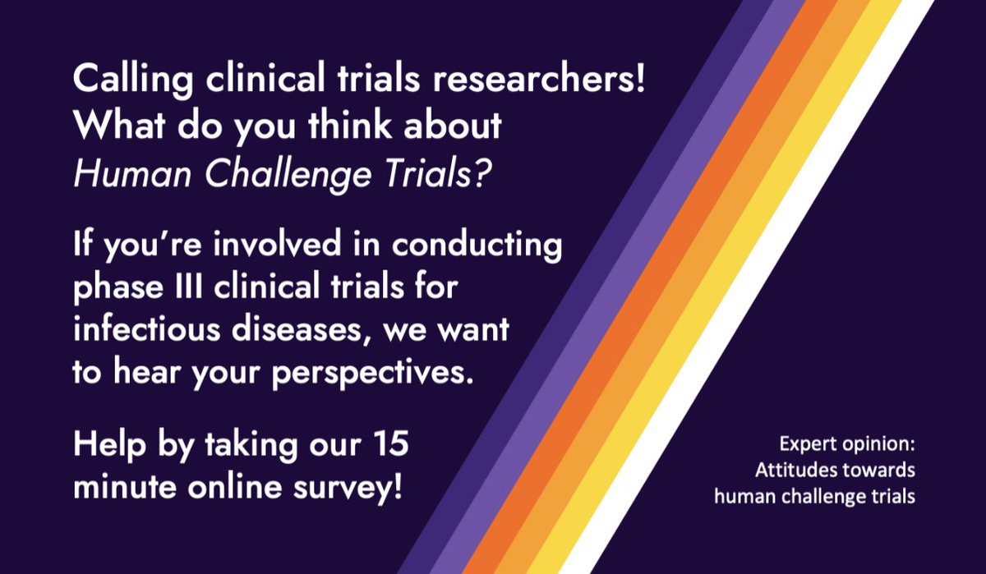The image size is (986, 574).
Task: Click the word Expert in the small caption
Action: tap(804, 446)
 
